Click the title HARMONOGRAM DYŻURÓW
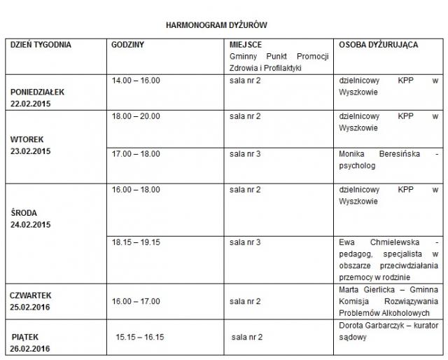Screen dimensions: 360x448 pyautogui.click(x=216, y=25)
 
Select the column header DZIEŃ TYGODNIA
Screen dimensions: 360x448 pyautogui.click(x=41, y=45)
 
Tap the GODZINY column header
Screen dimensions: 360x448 pyautogui.click(x=128, y=45)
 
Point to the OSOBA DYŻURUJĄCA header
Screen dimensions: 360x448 pyautogui.click(x=379, y=45)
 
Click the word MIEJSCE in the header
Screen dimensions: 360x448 pyautogui.click(x=246, y=45)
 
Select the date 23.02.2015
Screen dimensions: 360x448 pyautogui.click(x=31, y=151)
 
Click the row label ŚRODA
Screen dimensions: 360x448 pyautogui.click(x=24, y=213)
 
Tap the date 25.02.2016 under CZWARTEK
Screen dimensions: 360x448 pyautogui.click(x=31, y=307)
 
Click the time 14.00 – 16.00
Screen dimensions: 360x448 pyautogui.click(x=136, y=81)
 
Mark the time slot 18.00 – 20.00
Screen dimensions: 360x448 pyautogui.click(x=136, y=116)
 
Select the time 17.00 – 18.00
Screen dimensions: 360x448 pyautogui.click(x=136, y=153)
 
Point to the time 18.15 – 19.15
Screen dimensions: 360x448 pyautogui.click(x=136, y=242)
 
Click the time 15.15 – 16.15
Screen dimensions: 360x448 pyautogui.click(x=140, y=337)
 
